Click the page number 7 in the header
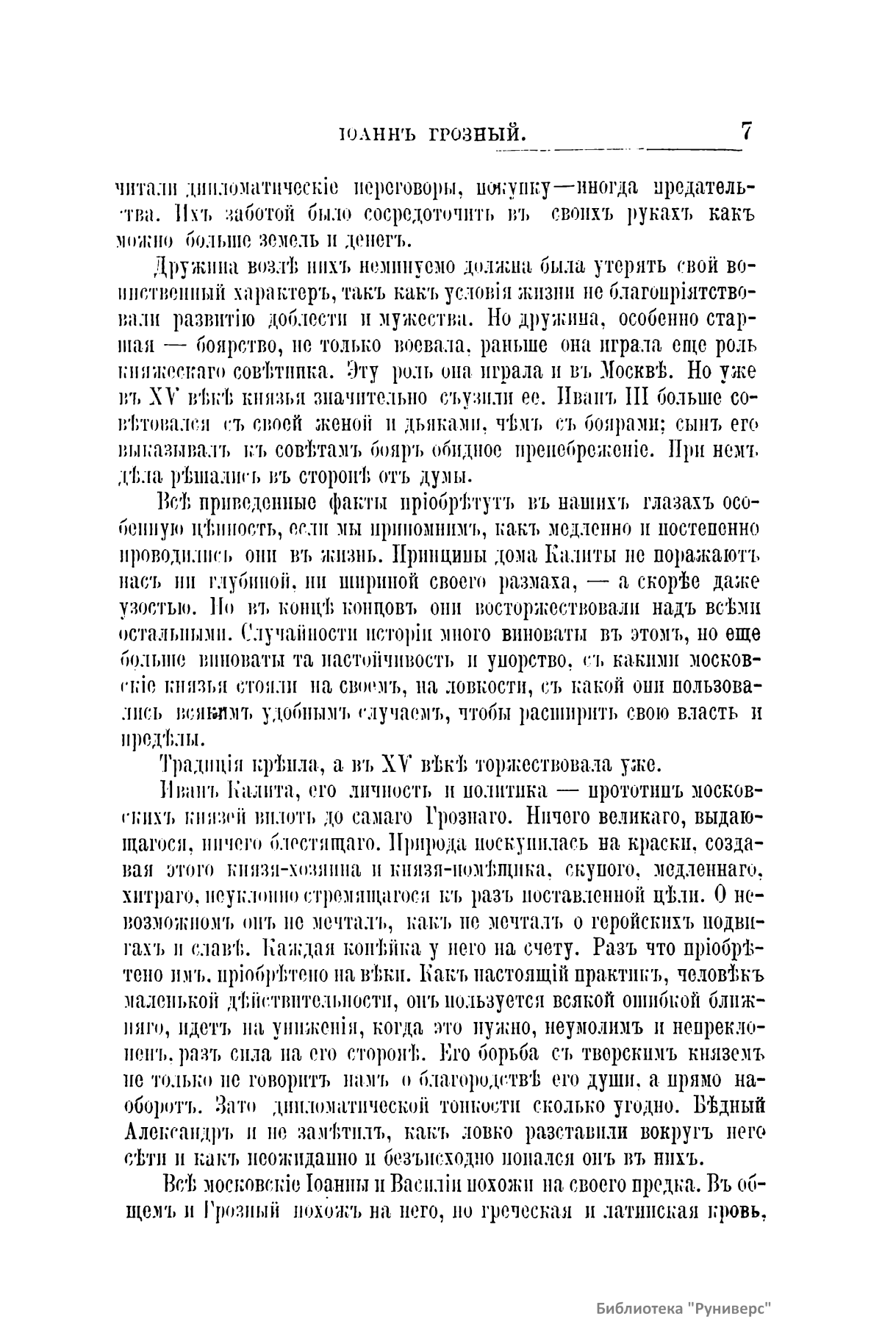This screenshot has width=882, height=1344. [746, 132]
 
